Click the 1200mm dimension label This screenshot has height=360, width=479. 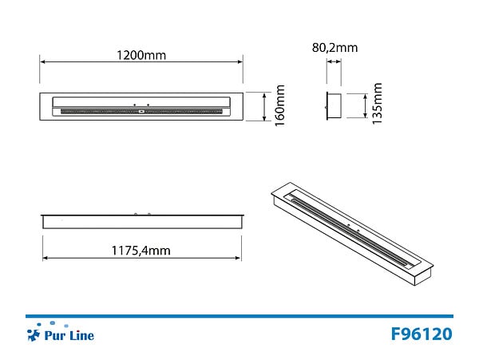(141, 55)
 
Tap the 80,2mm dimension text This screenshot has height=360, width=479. (335, 48)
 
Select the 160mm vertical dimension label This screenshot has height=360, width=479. (280, 105)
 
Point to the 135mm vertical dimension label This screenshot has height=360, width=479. (377, 103)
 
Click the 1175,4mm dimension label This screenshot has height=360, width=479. (141, 251)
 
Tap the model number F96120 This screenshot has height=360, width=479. (422, 334)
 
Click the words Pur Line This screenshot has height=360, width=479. (69, 335)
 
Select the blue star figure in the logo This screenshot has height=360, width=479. (34, 334)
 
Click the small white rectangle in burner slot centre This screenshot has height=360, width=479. (141, 112)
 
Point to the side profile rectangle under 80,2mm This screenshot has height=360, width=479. (334, 105)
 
